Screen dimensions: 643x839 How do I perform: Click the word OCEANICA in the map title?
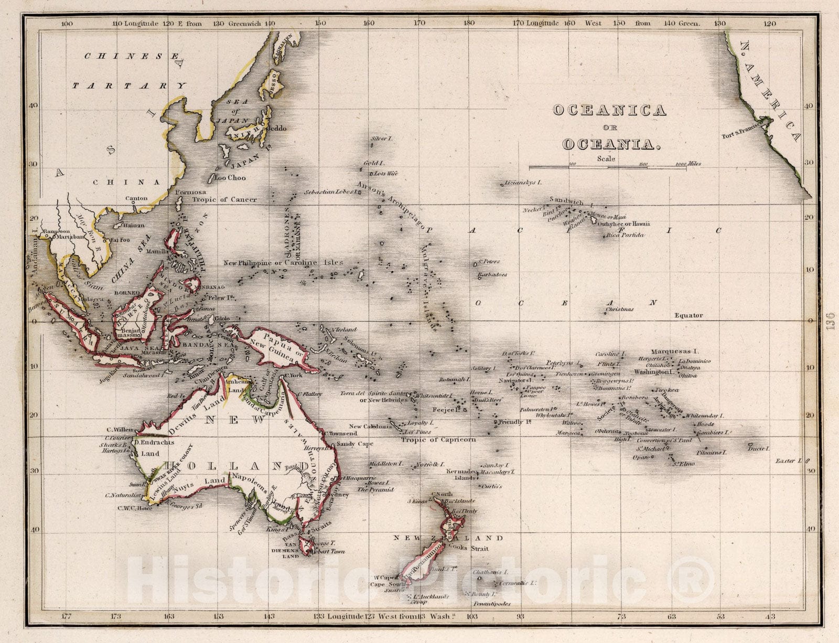[609, 110]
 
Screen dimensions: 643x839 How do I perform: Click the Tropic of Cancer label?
[224, 200]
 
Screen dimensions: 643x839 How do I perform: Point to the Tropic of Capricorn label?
[438, 440]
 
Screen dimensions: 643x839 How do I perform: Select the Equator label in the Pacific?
[688, 315]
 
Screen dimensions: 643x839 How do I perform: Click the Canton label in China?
[136, 198]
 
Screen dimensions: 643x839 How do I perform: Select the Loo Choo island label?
[230, 178]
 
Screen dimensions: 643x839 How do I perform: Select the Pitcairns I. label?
[711, 452]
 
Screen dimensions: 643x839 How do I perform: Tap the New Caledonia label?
[370, 426]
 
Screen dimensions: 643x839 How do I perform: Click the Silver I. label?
[382, 138]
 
